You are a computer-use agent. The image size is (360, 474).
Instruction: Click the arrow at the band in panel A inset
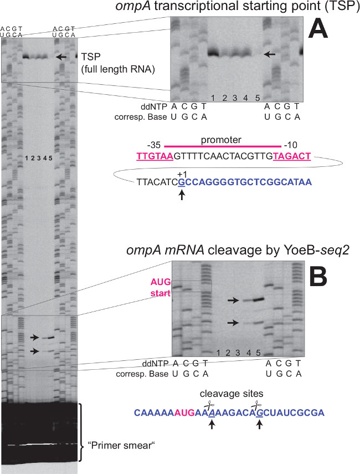(x=269, y=54)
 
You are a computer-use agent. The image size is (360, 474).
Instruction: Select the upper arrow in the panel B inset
(x=234, y=300)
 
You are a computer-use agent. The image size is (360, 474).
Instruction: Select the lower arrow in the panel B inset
(x=234, y=322)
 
